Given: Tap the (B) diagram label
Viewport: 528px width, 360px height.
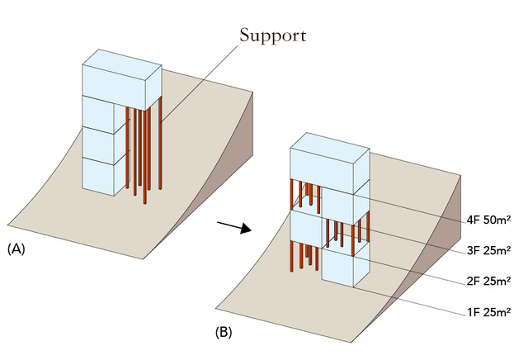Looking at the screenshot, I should coord(224,335).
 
